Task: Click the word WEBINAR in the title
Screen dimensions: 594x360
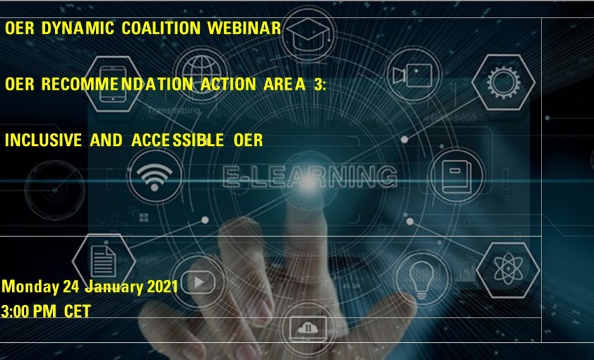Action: pos(245,28)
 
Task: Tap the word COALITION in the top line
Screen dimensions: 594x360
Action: pos(161,28)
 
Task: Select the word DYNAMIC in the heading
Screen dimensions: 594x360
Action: pos(78,28)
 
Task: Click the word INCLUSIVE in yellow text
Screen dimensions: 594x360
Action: pos(43,140)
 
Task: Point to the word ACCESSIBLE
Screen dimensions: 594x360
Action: pos(178,140)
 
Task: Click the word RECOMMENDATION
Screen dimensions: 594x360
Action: pos(117,84)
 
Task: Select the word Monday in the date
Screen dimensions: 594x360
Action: pos(30,287)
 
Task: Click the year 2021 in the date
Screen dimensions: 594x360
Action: pos(162,287)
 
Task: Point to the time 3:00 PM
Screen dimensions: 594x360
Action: pos(28,311)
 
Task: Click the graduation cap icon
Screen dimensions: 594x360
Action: pos(308,33)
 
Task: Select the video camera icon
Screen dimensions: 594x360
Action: pos(413,75)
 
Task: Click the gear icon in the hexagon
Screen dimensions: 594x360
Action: pos(504,82)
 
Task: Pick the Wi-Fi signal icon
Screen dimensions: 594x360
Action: pos(155,176)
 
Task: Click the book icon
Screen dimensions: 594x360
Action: pos(457,177)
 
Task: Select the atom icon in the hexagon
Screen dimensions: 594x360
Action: pos(508,268)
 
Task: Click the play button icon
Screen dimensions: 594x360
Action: pos(198,282)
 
